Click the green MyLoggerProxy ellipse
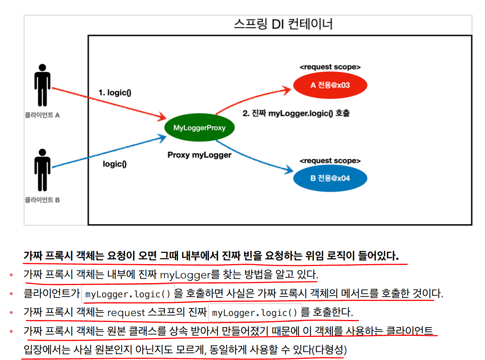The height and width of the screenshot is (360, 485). point(199,128)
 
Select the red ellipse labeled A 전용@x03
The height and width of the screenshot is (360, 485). point(330,85)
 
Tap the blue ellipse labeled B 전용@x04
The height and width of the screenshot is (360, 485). point(330,178)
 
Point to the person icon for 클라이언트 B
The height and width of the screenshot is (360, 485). point(42,170)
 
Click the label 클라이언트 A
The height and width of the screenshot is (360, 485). point(42,115)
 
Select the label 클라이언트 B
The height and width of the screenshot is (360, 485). point(42,200)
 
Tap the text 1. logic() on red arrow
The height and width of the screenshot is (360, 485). point(115,93)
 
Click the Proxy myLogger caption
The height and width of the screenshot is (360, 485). point(199,155)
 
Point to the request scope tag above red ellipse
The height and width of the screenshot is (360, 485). point(330,67)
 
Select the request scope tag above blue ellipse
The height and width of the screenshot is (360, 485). point(330,161)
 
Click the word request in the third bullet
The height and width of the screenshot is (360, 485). point(126,313)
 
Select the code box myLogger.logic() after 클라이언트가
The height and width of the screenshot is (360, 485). point(128,294)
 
